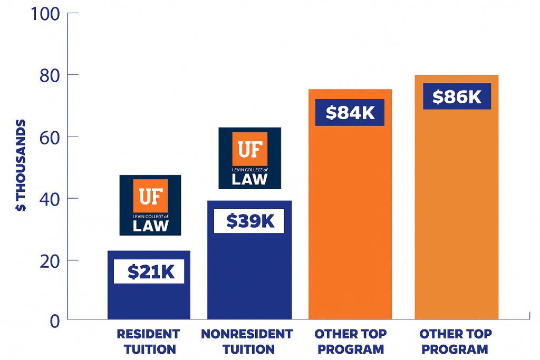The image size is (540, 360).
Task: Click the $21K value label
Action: [x=149, y=271]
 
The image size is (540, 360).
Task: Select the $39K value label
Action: [x=249, y=221]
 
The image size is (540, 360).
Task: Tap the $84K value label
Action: [x=350, y=113]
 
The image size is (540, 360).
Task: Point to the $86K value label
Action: [x=457, y=96]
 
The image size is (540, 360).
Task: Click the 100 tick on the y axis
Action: [x=47, y=13]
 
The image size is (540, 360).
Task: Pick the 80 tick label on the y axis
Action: [x=51, y=75]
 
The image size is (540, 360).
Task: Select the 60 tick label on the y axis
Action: [x=51, y=137]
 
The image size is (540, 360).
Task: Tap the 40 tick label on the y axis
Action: [x=51, y=198]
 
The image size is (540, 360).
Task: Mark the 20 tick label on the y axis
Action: [x=51, y=260]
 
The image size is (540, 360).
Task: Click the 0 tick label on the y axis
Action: [x=55, y=320]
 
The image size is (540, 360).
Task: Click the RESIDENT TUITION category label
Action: [x=148, y=341]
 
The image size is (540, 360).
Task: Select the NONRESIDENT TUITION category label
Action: [x=247, y=341]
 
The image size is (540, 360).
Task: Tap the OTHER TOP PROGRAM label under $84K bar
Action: [x=351, y=341]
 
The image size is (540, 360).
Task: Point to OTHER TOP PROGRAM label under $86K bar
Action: [x=456, y=341]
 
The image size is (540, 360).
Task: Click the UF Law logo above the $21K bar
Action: [x=150, y=205]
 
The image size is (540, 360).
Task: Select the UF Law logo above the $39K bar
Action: [x=249, y=158]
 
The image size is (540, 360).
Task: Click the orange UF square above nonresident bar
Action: [x=249, y=149]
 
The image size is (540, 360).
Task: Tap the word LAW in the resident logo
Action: [x=150, y=226]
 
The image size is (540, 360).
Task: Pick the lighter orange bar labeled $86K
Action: [x=457, y=211]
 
